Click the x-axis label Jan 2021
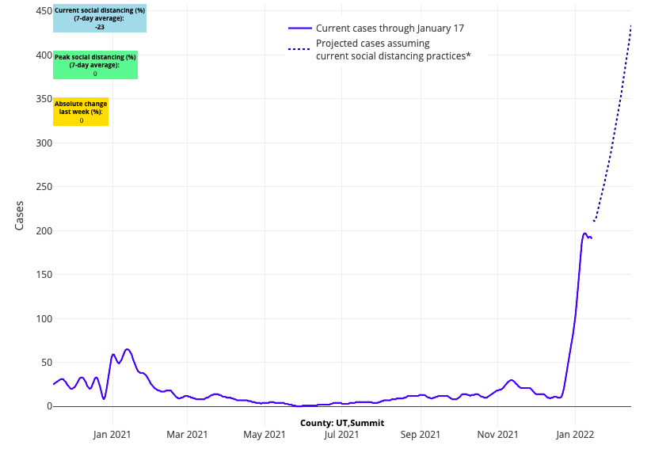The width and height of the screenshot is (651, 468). (112, 435)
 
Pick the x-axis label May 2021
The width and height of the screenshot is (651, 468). (265, 435)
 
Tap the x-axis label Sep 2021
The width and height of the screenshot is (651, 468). (421, 435)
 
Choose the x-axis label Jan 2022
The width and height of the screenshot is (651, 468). (575, 435)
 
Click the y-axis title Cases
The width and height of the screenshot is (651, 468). (20, 215)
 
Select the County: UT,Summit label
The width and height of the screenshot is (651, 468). (342, 423)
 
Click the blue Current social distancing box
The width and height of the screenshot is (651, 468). (100, 18)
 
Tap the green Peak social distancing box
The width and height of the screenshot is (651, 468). (95, 65)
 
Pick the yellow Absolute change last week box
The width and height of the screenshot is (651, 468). (81, 112)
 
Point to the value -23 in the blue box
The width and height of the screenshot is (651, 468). (100, 27)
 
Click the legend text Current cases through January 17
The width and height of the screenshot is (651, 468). (390, 29)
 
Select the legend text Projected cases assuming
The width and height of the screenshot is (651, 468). (372, 44)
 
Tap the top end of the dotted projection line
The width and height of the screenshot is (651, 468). (630, 26)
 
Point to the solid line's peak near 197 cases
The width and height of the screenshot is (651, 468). (584, 233)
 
